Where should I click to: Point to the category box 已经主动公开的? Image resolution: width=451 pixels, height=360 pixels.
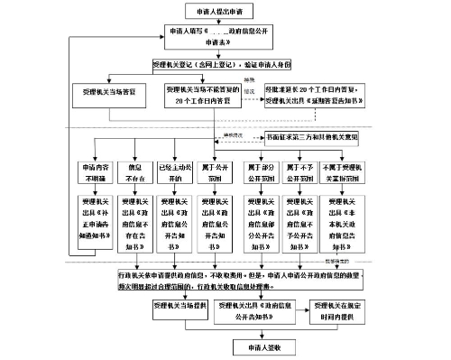172,172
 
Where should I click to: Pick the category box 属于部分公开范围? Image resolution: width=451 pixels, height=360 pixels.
263,172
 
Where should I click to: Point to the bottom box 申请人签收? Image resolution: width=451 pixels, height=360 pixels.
253,344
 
